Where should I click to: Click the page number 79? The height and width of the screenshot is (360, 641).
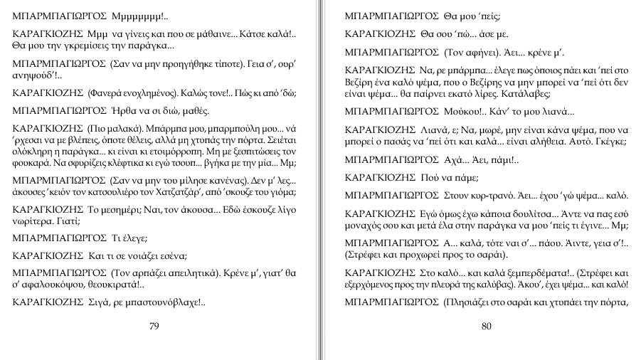(154, 327)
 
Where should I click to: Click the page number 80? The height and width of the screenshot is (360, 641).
(487, 327)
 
